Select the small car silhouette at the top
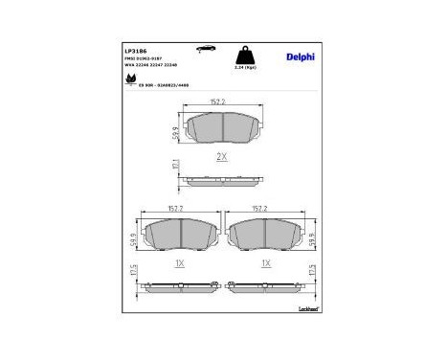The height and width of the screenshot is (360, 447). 204,46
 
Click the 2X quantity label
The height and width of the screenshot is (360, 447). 220,155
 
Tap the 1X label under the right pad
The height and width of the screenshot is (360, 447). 267,262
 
